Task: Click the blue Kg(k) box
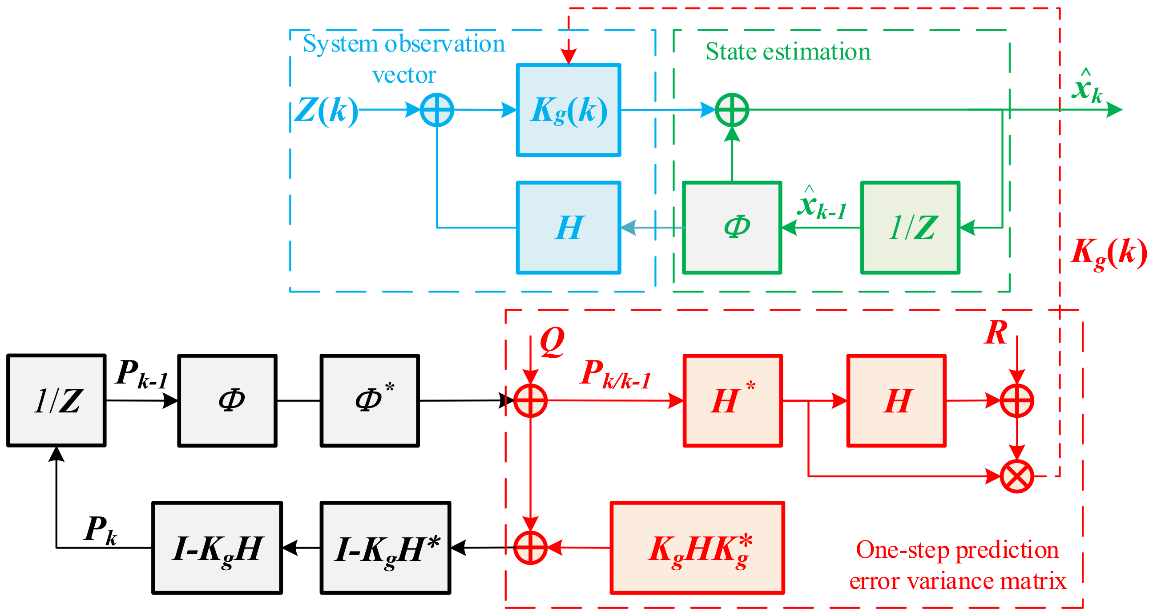point(568,110)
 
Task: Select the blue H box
point(568,228)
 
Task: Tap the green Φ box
point(732,228)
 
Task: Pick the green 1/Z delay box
point(911,228)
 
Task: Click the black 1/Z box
point(56,400)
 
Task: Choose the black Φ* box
point(370,400)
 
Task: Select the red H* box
point(733,400)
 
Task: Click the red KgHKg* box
point(697,548)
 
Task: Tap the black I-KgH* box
point(385,548)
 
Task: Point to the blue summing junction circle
point(437,110)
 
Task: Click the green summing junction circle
point(732,110)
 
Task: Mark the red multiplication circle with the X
point(1017,476)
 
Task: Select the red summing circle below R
point(1017,400)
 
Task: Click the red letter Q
point(552,342)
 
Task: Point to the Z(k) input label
point(327,111)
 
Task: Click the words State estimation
point(788,52)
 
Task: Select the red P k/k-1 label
point(615,374)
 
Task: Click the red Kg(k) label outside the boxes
point(1109,254)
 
